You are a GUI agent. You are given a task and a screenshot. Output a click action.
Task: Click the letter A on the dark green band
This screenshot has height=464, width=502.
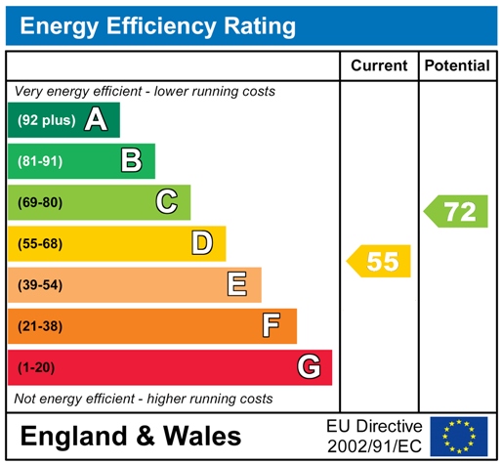tap(96, 120)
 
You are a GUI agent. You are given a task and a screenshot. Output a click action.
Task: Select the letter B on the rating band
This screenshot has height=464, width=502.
tap(131, 160)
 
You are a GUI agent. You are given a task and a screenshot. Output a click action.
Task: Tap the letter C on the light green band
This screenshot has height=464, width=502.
tap(167, 201)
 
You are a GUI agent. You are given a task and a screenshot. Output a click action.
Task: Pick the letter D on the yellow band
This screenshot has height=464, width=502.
tap(202, 242)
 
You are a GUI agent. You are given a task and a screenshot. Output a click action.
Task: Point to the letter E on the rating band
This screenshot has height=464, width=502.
tap(237, 284)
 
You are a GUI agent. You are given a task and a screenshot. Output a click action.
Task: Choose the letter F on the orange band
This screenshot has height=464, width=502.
tap(272, 325)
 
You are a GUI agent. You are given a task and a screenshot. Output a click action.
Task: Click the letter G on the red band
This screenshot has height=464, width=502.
tap(309, 367)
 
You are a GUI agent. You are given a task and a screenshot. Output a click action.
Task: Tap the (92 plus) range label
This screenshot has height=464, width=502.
tap(46, 120)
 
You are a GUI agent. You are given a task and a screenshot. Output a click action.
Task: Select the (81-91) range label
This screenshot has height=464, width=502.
tap(40, 161)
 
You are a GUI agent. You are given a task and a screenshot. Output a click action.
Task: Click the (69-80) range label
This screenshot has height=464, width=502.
tap(40, 202)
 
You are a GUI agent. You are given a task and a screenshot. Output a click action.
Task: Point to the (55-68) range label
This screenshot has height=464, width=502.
tap(40, 243)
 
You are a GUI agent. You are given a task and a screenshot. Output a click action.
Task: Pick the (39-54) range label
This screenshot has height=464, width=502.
tap(40, 284)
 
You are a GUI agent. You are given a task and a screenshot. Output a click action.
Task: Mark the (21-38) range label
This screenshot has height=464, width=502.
tap(40, 326)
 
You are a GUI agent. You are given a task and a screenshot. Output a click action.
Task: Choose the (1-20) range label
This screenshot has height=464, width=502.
tap(36, 367)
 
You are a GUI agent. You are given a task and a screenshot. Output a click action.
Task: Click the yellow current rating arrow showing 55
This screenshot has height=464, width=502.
tap(380, 261)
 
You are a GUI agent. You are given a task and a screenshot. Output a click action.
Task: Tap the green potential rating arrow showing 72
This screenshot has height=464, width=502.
tap(456, 211)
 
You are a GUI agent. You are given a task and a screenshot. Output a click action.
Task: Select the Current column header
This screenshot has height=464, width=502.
tap(379, 65)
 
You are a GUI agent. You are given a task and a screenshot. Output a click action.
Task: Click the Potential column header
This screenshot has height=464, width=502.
tap(457, 65)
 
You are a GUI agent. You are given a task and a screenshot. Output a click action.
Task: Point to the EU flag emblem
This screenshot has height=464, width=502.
tap(459, 436)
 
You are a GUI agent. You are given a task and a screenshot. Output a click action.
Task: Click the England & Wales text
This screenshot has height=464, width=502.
tap(130, 435)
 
